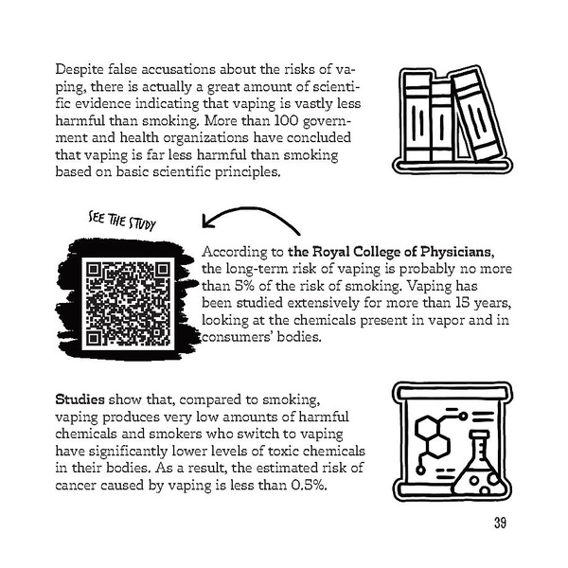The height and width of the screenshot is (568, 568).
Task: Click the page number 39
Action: [x=501, y=524]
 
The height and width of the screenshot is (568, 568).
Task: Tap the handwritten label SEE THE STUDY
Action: [x=122, y=218]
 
